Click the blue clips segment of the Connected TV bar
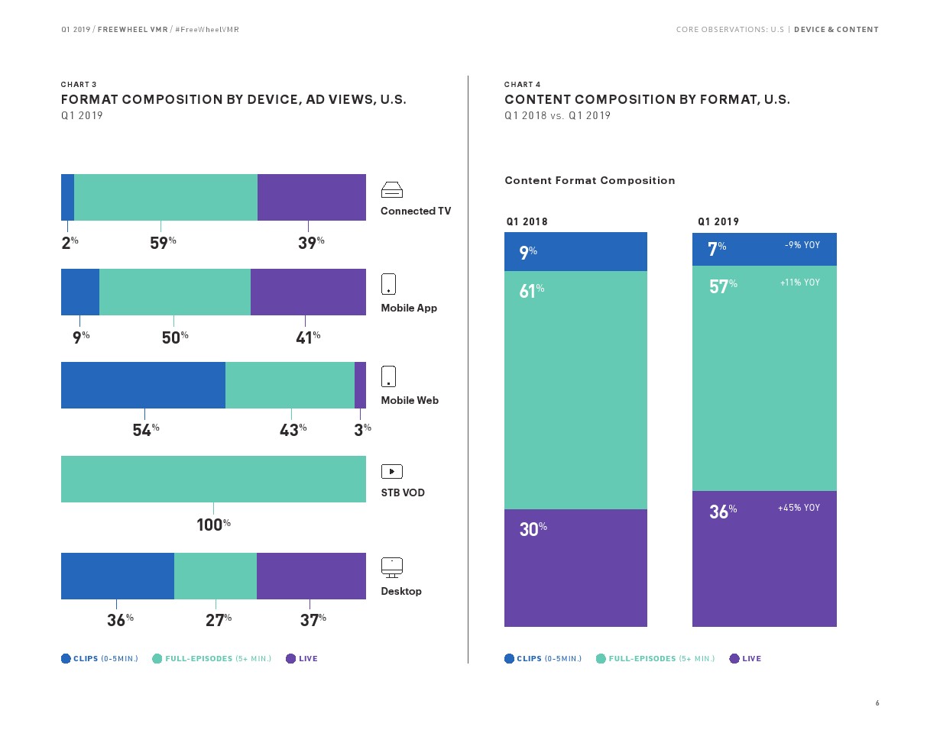67,197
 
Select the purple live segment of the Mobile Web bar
360,385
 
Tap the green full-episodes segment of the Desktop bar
216,576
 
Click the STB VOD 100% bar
213,479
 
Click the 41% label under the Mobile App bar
307,337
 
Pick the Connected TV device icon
391,190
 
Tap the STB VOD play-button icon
391,472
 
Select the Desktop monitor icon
391,567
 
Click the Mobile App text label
409,308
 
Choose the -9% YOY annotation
802,246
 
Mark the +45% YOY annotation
799,508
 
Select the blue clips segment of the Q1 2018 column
575,251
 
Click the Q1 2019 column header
718,222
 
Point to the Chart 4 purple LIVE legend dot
734,659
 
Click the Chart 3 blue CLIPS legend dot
66,659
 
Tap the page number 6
877,703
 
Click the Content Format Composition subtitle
589,181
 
